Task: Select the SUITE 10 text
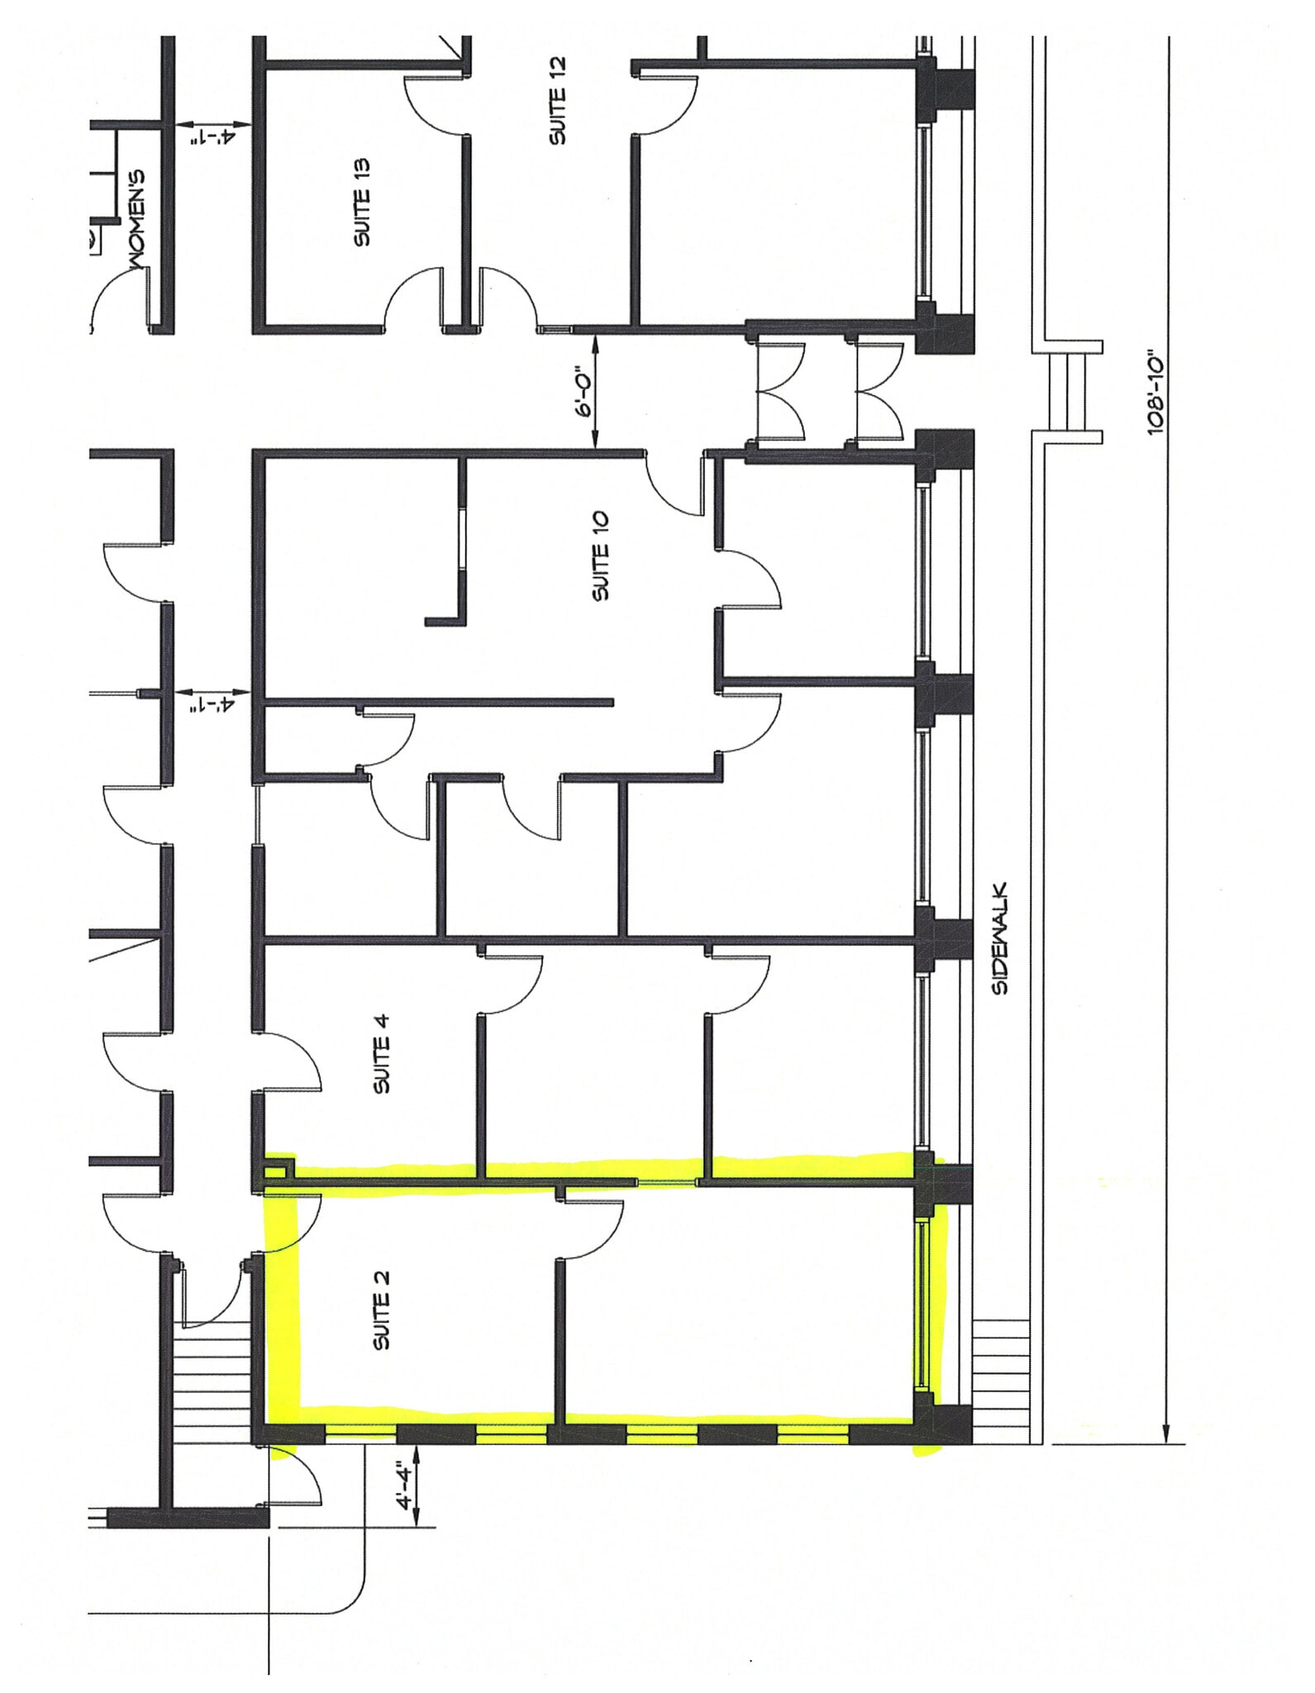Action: [x=601, y=556]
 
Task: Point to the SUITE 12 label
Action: [x=558, y=100]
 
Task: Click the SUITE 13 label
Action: [x=362, y=202]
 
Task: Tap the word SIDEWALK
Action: [x=1001, y=938]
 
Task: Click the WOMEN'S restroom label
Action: [x=136, y=219]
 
